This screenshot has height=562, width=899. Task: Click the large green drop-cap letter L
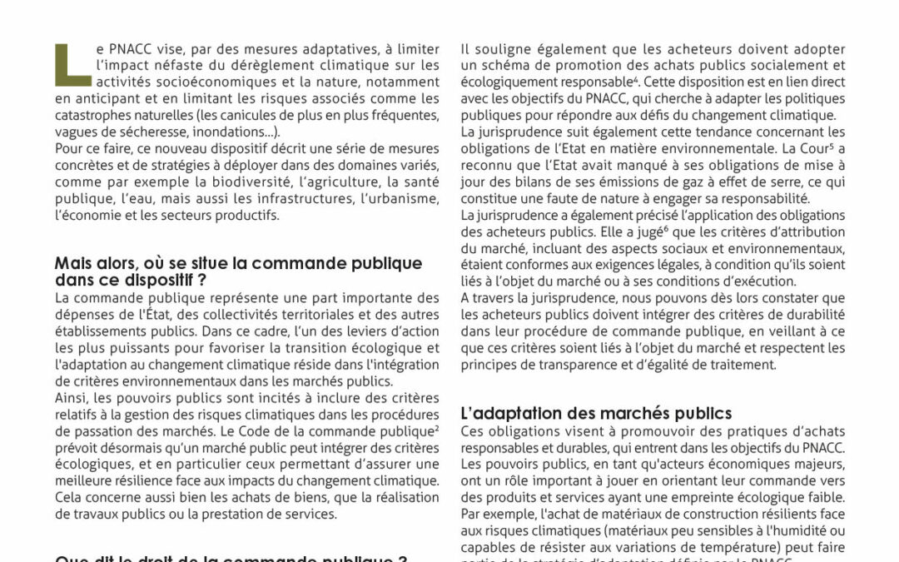(x=73, y=65)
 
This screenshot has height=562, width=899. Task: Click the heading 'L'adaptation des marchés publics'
(x=596, y=413)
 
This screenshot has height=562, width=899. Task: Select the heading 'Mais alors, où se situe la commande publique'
(x=238, y=263)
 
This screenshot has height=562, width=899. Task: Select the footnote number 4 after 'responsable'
(x=635, y=79)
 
